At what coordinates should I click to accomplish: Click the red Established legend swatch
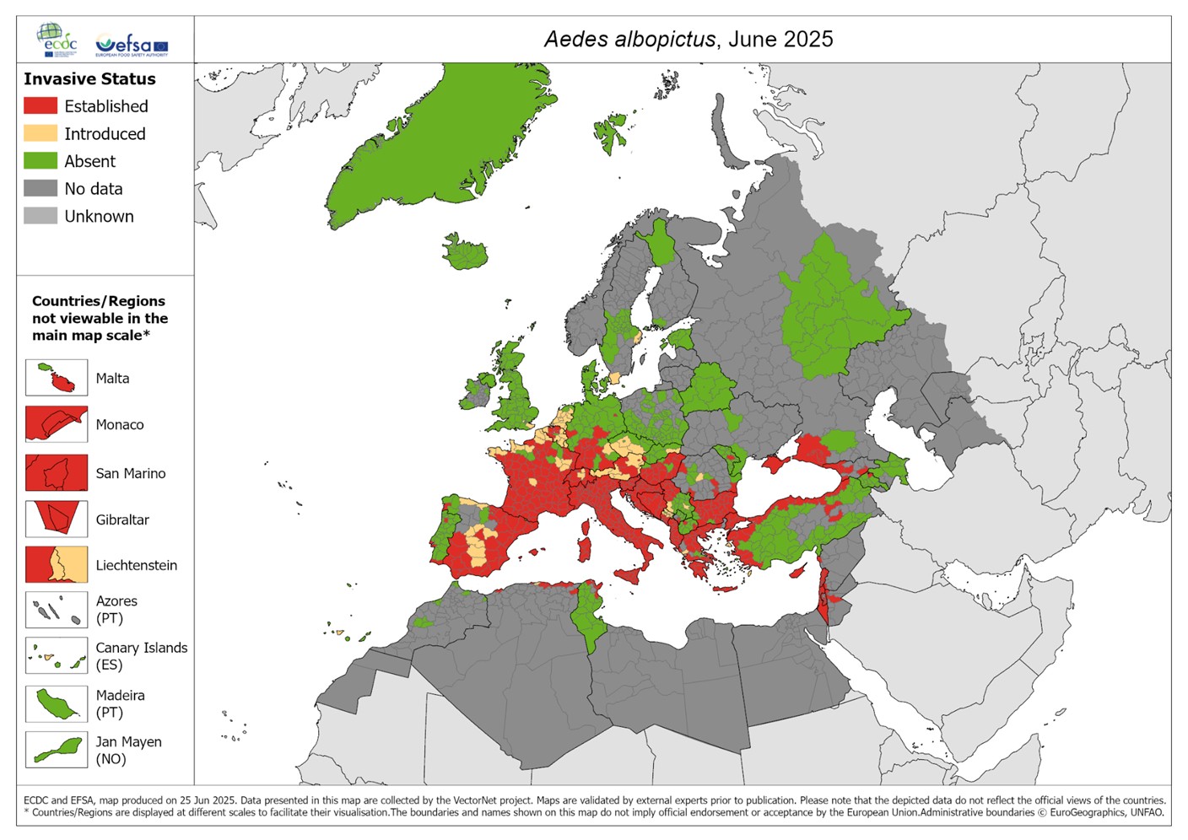click(x=40, y=105)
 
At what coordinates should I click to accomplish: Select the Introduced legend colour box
click(x=40, y=133)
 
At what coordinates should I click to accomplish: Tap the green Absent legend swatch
click(x=40, y=160)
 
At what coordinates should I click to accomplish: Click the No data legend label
click(x=94, y=189)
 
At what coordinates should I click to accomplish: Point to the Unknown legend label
click(x=99, y=217)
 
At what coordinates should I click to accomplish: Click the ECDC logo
click(x=57, y=40)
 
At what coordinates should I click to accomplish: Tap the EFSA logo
click(x=132, y=44)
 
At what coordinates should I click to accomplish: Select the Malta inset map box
click(x=57, y=377)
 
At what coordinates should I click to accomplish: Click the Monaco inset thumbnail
click(x=57, y=423)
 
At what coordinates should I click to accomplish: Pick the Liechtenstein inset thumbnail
click(x=57, y=565)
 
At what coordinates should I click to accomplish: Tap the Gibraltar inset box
click(x=57, y=519)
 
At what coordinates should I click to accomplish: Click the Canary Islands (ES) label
click(x=141, y=656)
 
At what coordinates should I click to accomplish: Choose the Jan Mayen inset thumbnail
click(x=57, y=749)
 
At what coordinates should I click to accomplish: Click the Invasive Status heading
click(x=89, y=79)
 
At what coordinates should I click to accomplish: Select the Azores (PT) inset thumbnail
click(x=57, y=609)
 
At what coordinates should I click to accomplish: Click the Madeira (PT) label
click(x=120, y=703)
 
